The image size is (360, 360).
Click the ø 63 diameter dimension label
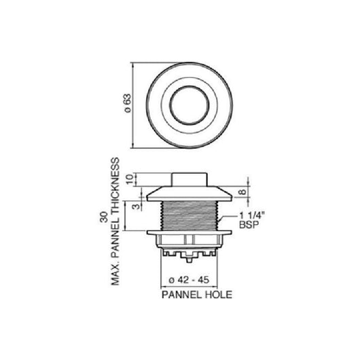[128, 103]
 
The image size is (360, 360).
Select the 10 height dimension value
[130, 179]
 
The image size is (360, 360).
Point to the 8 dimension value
[242, 192]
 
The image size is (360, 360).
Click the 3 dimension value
[137, 206]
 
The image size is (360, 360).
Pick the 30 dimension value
[104, 217]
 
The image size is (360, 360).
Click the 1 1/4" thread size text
[252, 215]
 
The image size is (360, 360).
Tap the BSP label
[249, 225]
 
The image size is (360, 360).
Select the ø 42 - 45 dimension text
[189, 280]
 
